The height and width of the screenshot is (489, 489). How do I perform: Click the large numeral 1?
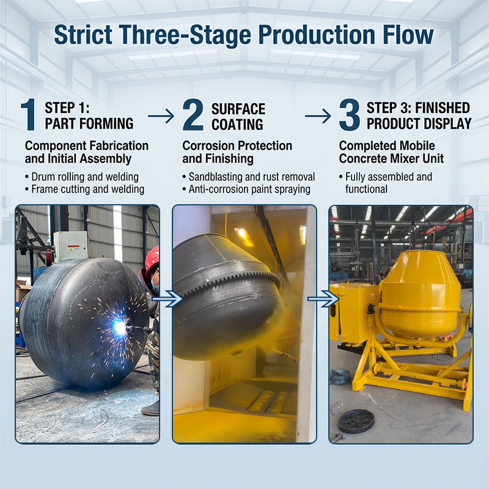[29, 114]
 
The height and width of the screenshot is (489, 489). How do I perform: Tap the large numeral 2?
[193, 114]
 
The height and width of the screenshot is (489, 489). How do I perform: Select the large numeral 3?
[349, 114]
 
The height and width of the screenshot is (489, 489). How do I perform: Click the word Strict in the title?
[83, 34]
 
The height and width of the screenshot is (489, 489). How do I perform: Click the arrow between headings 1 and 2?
[161, 116]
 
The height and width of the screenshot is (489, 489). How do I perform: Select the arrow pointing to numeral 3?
[318, 116]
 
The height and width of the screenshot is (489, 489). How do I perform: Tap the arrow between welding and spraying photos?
[167, 299]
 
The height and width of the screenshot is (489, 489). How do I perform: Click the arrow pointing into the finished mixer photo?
[324, 299]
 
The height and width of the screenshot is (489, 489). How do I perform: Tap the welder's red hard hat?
[152, 260]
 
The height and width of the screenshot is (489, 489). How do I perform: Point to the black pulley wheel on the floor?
[356, 421]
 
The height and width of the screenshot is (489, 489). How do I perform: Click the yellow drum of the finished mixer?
[420, 296]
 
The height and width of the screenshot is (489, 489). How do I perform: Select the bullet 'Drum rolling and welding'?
[82, 177]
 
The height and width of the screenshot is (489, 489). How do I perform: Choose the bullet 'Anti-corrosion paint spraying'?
[246, 189]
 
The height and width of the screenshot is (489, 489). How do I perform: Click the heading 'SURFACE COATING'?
[238, 117]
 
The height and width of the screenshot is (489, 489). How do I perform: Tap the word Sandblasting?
[216, 177]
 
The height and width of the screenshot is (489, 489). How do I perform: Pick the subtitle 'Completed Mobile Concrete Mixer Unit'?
[391, 152]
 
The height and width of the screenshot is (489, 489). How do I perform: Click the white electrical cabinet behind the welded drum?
[70, 246]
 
